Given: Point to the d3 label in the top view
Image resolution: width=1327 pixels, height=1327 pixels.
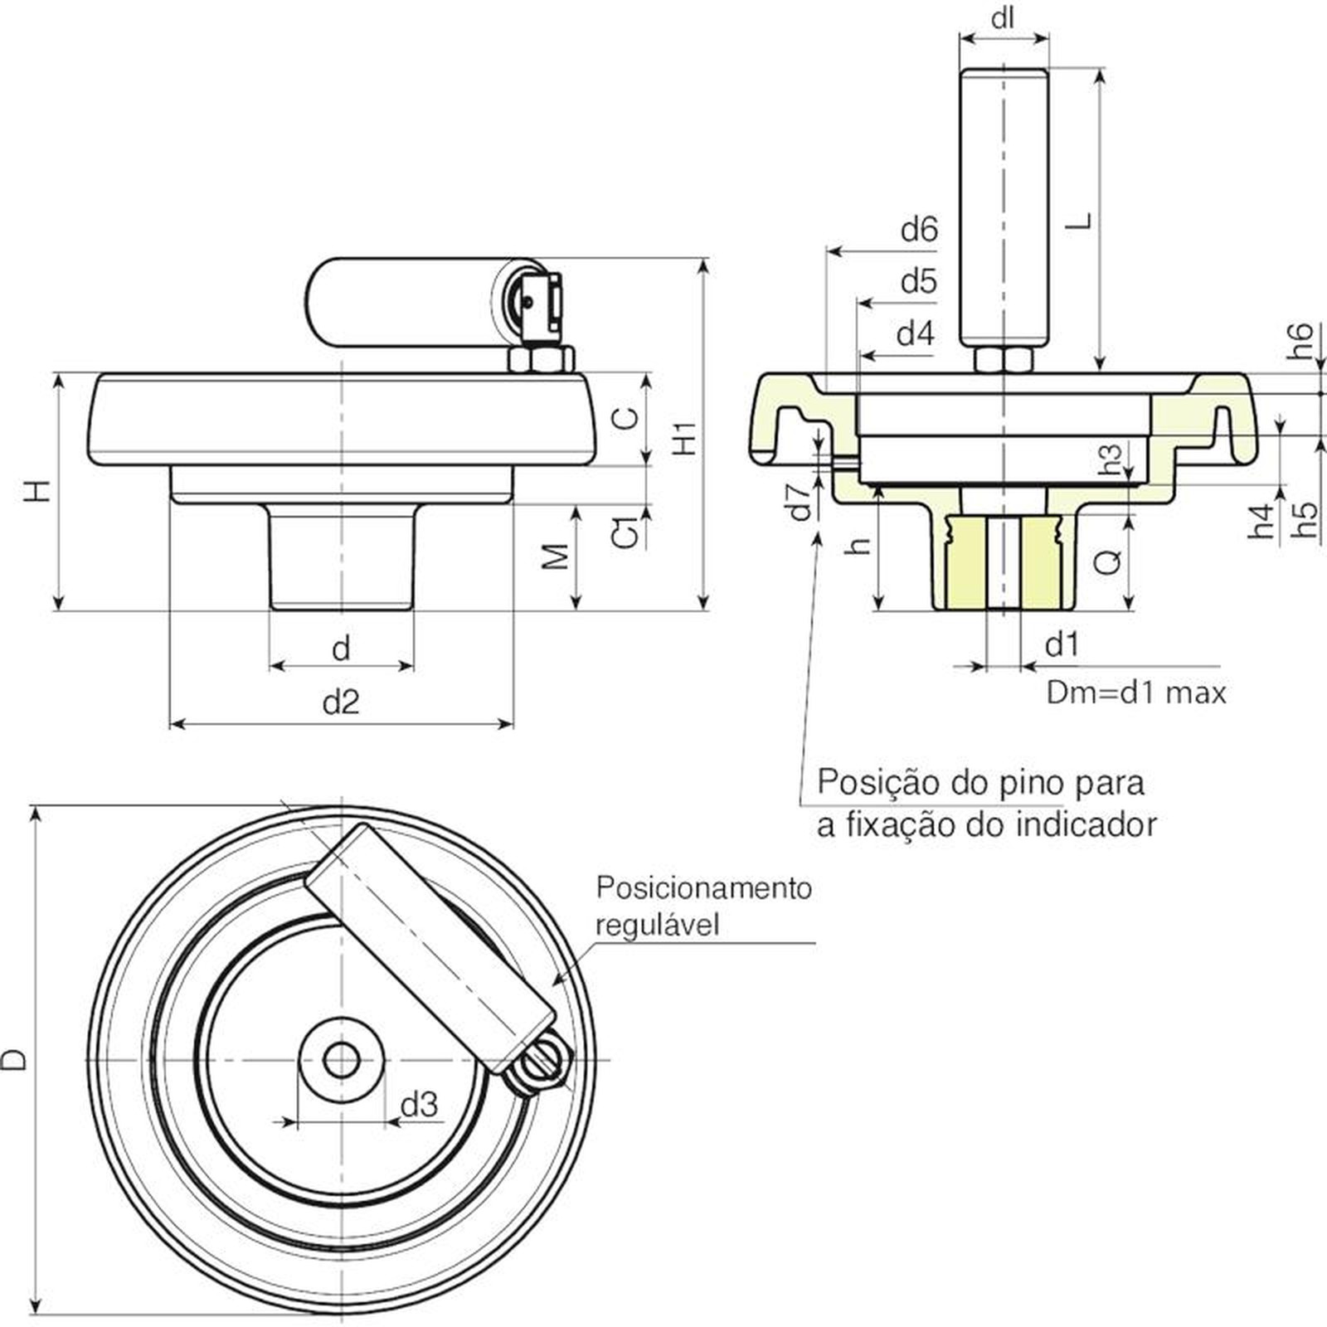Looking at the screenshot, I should point(419,1105).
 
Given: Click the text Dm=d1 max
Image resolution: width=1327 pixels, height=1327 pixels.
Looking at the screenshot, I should point(1135,693).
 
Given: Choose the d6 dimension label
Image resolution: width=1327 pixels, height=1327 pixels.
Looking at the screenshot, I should point(919,229).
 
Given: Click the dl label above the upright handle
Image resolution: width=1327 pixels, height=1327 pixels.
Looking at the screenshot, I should point(1004,17).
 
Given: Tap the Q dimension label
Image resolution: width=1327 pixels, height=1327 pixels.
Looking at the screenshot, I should point(1108,561).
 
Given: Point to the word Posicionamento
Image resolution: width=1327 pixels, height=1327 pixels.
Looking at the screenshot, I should point(703,888).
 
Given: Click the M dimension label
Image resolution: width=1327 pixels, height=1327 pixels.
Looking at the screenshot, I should point(557,557).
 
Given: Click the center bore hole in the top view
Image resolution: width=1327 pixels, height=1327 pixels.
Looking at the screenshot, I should point(341,1060).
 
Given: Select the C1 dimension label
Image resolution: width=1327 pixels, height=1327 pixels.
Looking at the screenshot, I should point(629,532).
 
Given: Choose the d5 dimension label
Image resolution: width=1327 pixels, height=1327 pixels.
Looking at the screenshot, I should point(919,282).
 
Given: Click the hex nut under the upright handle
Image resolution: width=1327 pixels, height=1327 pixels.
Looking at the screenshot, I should point(1004,360).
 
